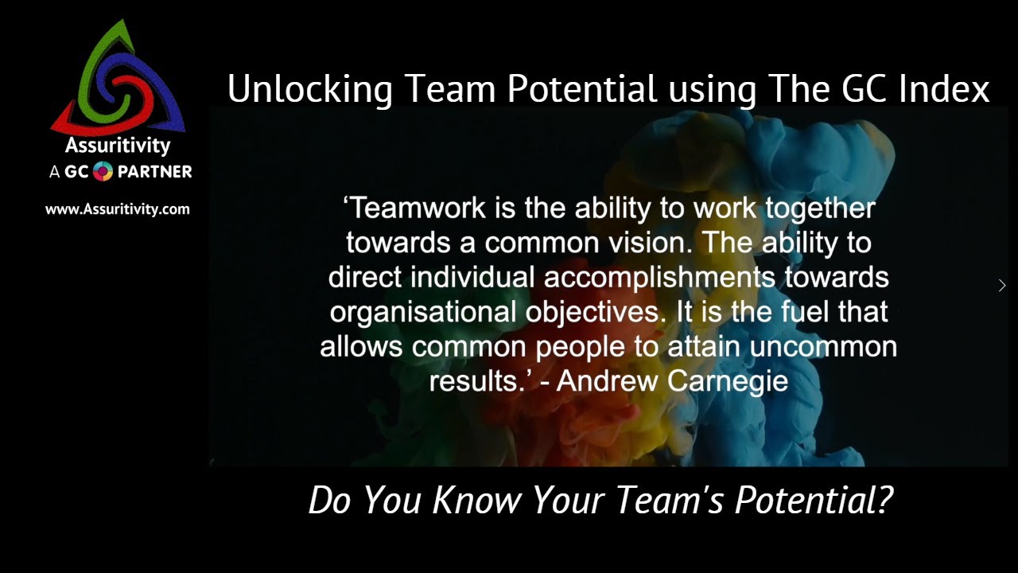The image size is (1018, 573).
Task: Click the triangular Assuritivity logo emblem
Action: click(x=118, y=80)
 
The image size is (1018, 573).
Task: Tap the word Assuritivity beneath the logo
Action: click(x=118, y=146)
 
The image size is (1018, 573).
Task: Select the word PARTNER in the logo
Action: click(x=155, y=171)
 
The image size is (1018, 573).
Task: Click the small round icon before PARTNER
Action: click(x=103, y=171)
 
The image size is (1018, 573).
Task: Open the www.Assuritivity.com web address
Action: click(x=118, y=209)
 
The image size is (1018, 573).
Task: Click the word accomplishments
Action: click(x=660, y=277)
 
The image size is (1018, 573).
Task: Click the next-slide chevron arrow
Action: click(x=1002, y=285)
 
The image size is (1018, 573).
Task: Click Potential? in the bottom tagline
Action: click(x=814, y=500)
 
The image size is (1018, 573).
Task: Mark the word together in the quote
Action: click(x=820, y=208)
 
